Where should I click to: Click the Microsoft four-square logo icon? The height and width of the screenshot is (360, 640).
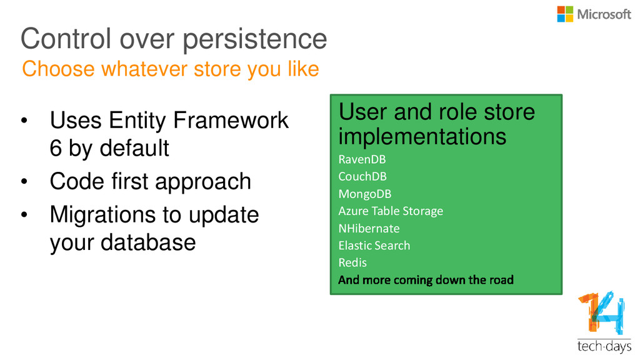click(x=565, y=14)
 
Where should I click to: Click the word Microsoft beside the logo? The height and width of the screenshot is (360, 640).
click(x=604, y=15)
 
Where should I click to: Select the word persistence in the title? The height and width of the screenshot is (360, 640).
click(x=255, y=40)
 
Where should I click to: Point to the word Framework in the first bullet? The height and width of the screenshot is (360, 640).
click(x=231, y=120)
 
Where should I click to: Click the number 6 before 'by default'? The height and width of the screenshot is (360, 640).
click(x=56, y=147)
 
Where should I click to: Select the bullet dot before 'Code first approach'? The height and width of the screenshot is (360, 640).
click(x=24, y=181)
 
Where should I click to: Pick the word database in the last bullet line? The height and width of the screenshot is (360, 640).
click(x=148, y=242)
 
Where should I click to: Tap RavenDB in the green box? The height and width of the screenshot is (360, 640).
click(x=362, y=159)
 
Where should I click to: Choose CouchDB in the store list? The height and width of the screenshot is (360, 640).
click(x=362, y=176)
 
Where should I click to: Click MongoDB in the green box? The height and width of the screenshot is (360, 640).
click(x=365, y=194)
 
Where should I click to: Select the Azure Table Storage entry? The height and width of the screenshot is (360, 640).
click(x=391, y=211)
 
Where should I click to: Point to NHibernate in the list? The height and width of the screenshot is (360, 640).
click(x=369, y=228)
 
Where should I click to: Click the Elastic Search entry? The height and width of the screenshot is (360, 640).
click(x=374, y=245)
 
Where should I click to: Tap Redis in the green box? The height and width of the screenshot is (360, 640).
click(x=352, y=262)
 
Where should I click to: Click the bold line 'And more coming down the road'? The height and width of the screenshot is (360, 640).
click(x=426, y=280)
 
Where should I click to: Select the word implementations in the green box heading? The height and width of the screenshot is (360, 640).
click(x=422, y=137)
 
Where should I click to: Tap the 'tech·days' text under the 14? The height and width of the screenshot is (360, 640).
click(x=604, y=346)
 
